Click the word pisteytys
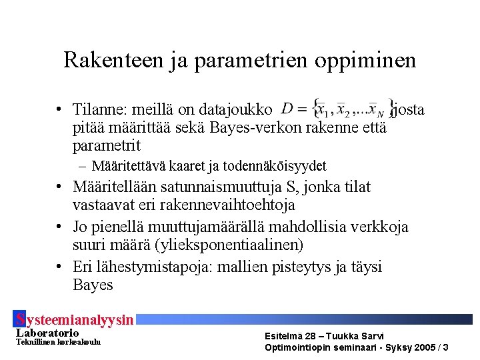(x=301, y=267)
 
